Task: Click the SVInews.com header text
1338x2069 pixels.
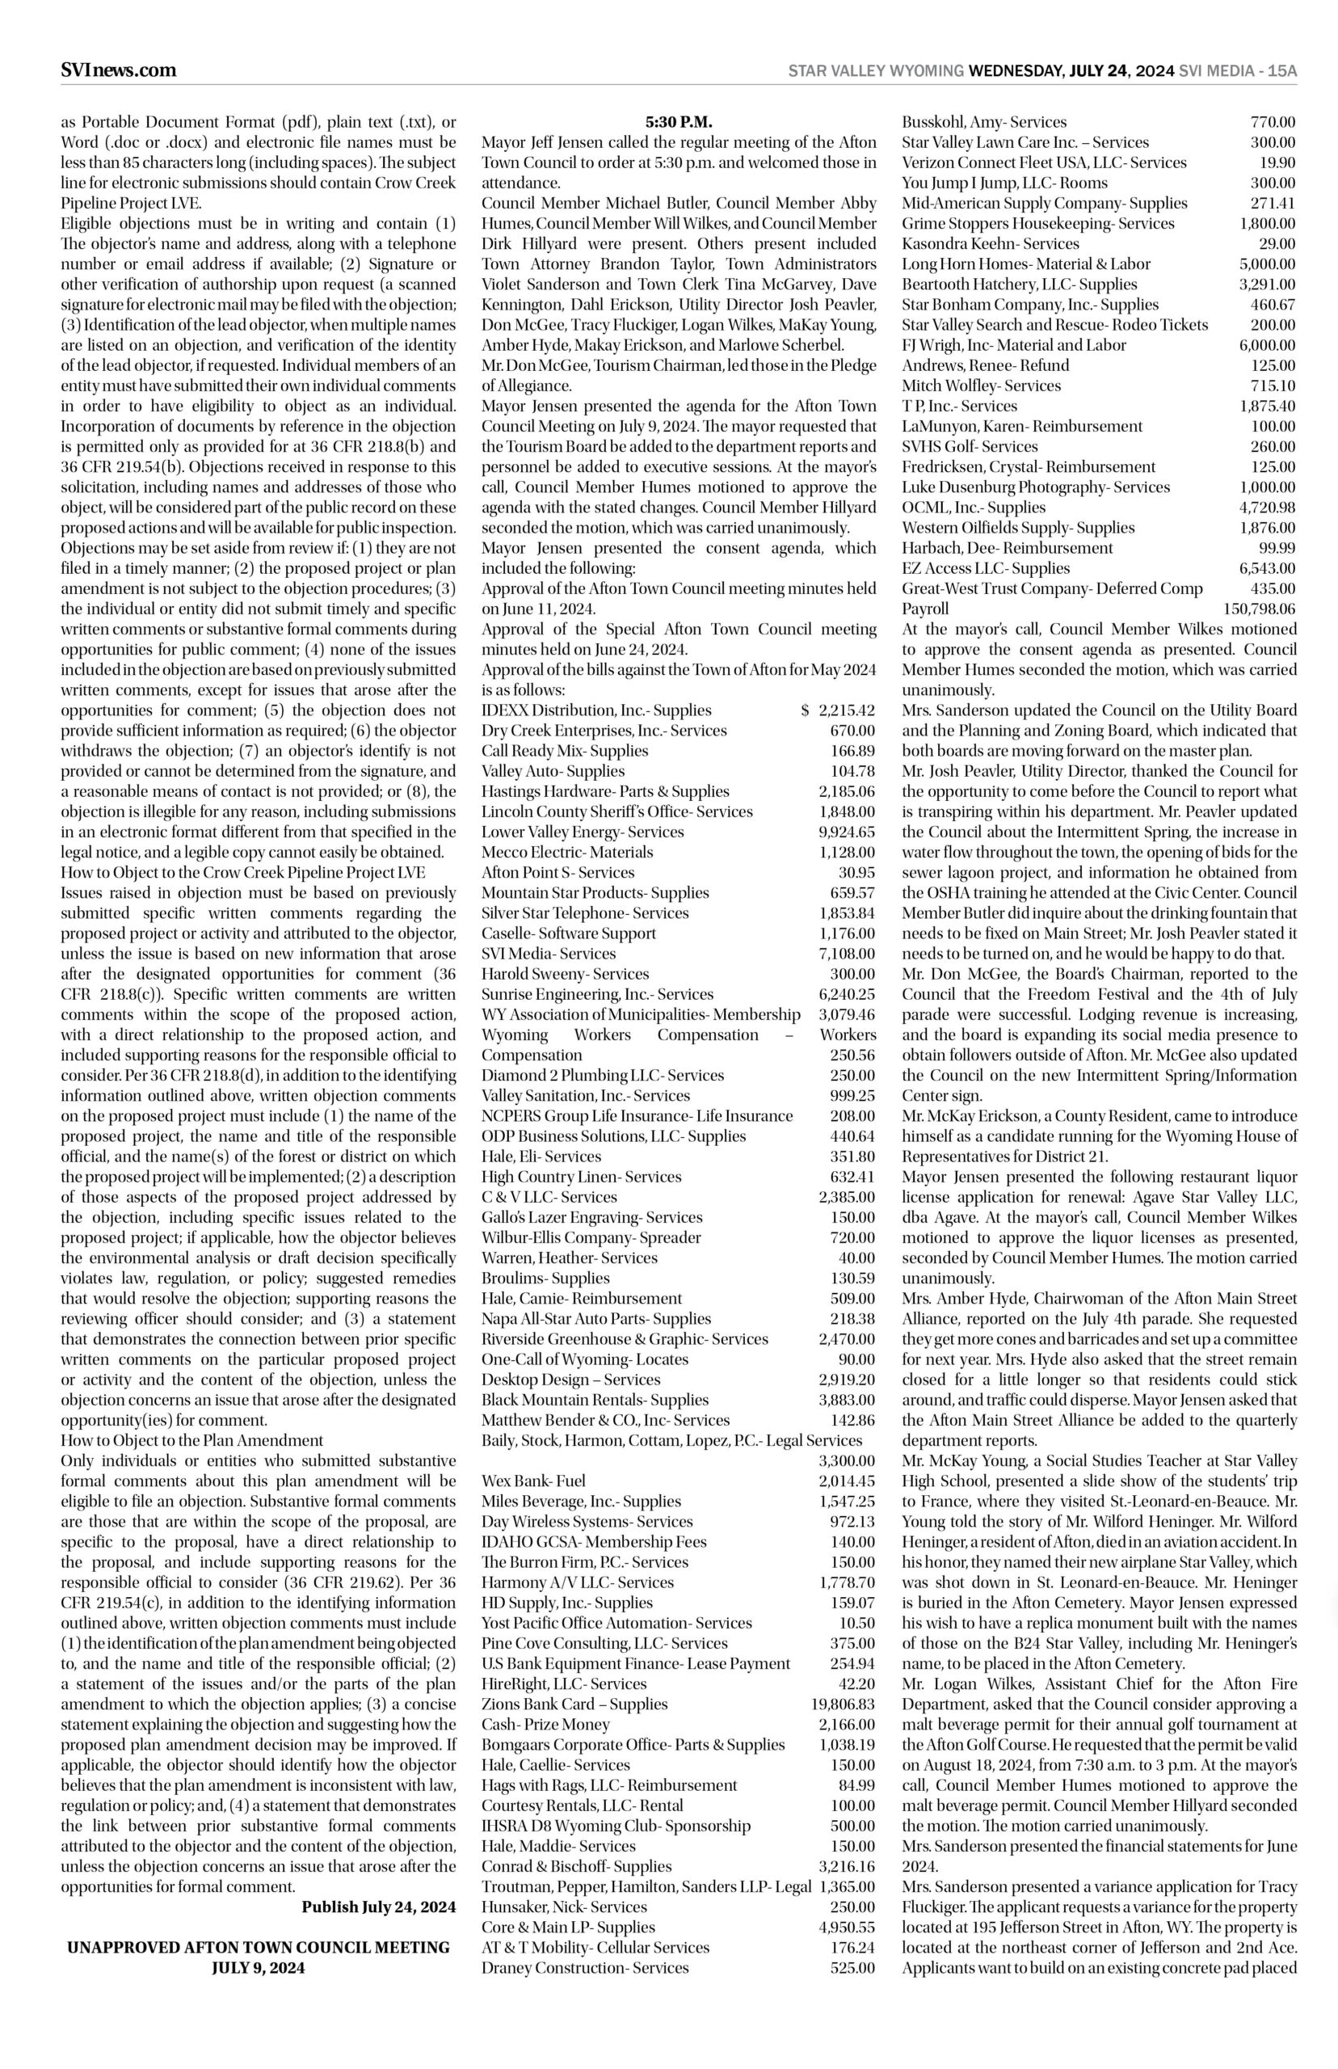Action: [118, 70]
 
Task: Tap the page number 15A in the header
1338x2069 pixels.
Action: [1281, 71]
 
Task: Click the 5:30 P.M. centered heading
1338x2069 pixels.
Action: [679, 123]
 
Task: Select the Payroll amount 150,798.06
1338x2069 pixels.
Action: [1259, 609]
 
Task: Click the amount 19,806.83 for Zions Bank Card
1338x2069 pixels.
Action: [843, 1704]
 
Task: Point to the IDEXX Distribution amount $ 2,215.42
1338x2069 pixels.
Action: [838, 710]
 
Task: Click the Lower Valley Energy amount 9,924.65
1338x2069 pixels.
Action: [846, 832]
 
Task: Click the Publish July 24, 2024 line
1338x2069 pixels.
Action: [378, 1907]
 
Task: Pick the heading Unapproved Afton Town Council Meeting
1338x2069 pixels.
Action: [259, 1947]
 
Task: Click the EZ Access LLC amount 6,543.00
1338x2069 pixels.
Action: [1267, 568]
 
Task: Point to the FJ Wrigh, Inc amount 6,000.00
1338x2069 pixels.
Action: [1267, 345]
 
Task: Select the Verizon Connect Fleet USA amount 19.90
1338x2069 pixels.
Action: [1277, 162]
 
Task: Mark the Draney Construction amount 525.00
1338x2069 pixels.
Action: [852, 1968]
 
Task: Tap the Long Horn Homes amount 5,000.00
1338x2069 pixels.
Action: [1267, 264]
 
